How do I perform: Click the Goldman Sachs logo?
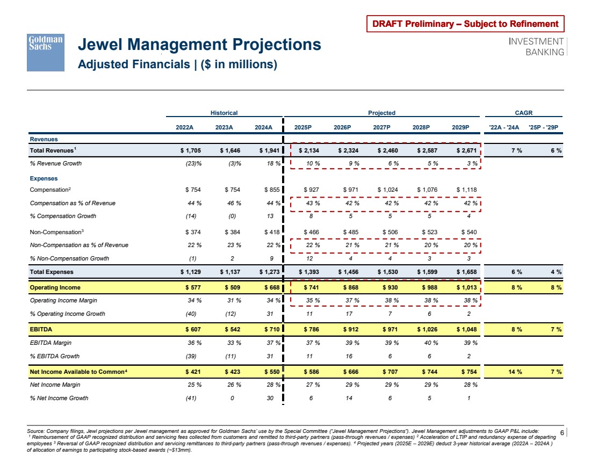point(46,53)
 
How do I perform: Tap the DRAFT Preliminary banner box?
point(466,24)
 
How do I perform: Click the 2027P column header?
point(381,127)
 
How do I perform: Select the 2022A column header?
point(185,127)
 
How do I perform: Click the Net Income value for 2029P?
point(466,372)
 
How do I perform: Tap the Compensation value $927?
point(311,190)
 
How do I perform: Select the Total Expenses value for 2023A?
point(230,272)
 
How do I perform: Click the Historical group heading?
point(224,113)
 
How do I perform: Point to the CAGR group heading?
point(523,113)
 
